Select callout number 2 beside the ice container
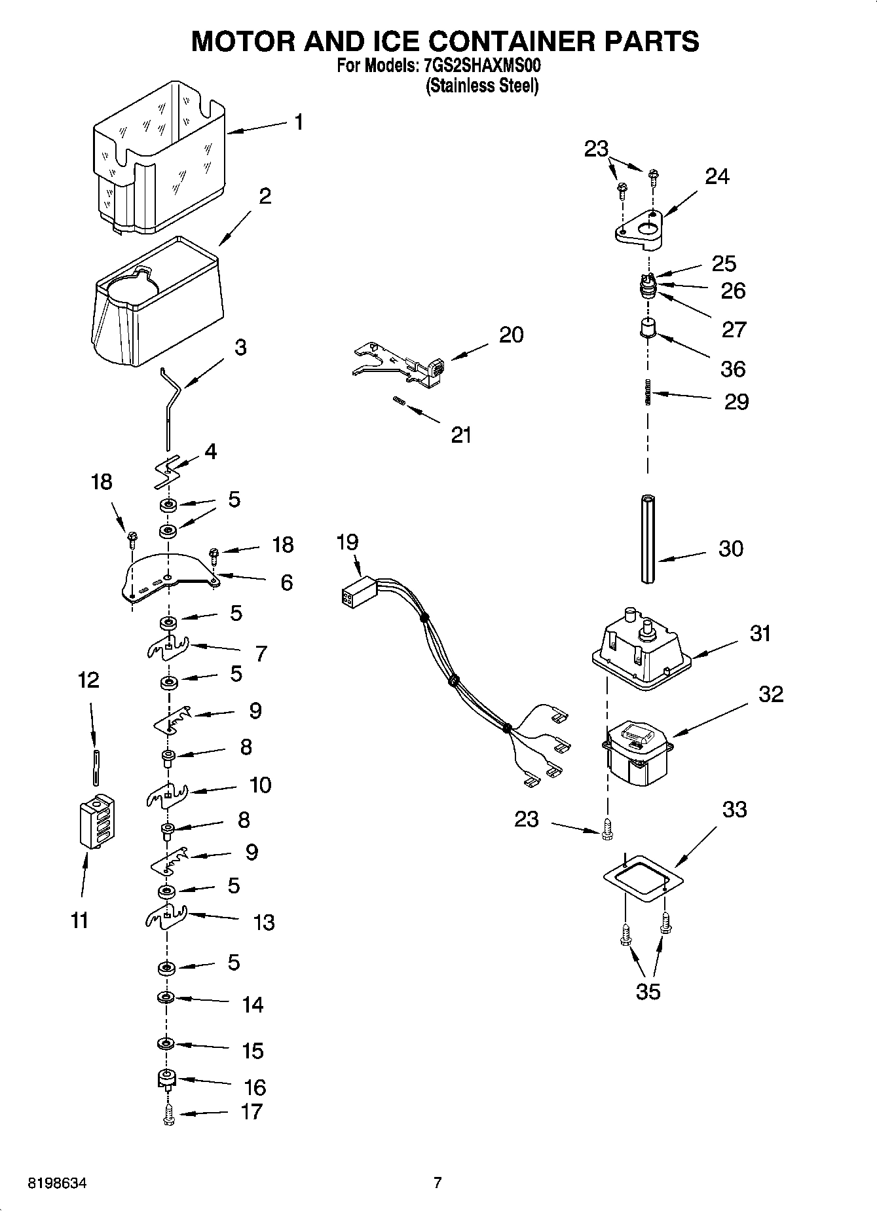click(x=265, y=196)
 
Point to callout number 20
click(x=511, y=335)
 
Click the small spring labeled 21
click(x=398, y=401)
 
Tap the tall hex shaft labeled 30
click(x=648, y=538)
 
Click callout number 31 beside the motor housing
click(x=760, y=633)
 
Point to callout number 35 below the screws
click(x=648, y=991)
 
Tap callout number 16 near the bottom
click(x=254, y=1087)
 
